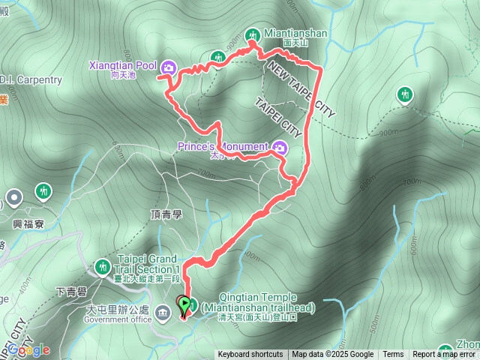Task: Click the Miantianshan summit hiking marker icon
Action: point(251,34)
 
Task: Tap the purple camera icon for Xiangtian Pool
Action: point(167,67)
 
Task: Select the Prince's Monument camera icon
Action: point(279,147)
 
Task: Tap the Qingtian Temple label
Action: point(257,302)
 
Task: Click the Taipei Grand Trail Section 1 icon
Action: point(102,265)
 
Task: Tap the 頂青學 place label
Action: point(166,214)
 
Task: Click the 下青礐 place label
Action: point(71,290)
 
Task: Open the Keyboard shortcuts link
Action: point(250,355)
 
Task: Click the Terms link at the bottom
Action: point(393,355)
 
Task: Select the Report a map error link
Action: point(444,355)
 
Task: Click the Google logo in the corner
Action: point(28,349)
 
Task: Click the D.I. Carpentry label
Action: point(30,79)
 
